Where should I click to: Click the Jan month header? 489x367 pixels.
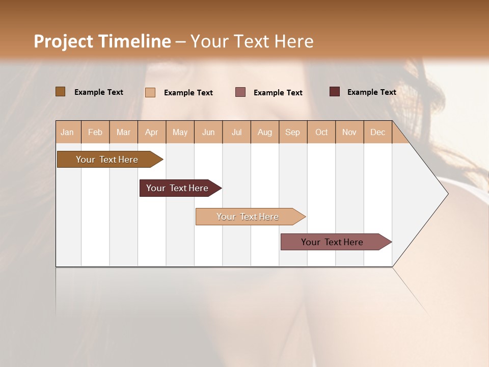point(68,132)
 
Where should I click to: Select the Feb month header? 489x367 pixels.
point(95,132)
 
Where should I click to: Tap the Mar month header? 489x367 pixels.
point(123,132)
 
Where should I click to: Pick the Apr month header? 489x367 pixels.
point(152,132)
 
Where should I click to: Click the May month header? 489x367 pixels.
point(180,132)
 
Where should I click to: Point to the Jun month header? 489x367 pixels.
point(208,132)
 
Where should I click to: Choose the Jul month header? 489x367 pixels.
point(236,132)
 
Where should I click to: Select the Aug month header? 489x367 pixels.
point(265,132)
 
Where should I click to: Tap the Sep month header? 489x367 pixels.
point(293,132)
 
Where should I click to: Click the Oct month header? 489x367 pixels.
point(321,132)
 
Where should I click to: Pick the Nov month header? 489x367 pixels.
point(349,132)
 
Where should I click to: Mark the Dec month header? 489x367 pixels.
point(378,132)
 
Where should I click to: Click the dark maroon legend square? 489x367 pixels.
point(335,92)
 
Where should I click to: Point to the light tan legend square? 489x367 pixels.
point(150,92)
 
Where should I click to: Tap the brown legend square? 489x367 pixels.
point(60,92)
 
